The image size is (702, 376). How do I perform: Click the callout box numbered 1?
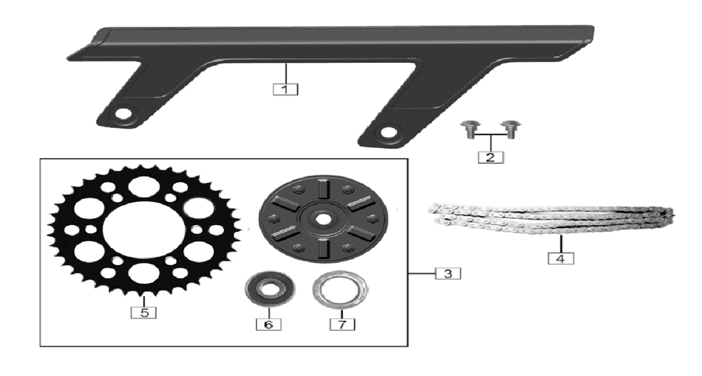coord(285,89)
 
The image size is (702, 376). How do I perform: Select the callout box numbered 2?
coord(490,157)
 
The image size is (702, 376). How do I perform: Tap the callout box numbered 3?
coord(448,273)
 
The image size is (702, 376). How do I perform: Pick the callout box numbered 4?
coord(561,258)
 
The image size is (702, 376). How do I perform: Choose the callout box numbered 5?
coord(143,312)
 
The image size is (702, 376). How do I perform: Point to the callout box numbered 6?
coord(269,324)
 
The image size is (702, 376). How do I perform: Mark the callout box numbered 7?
coord(342,324)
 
